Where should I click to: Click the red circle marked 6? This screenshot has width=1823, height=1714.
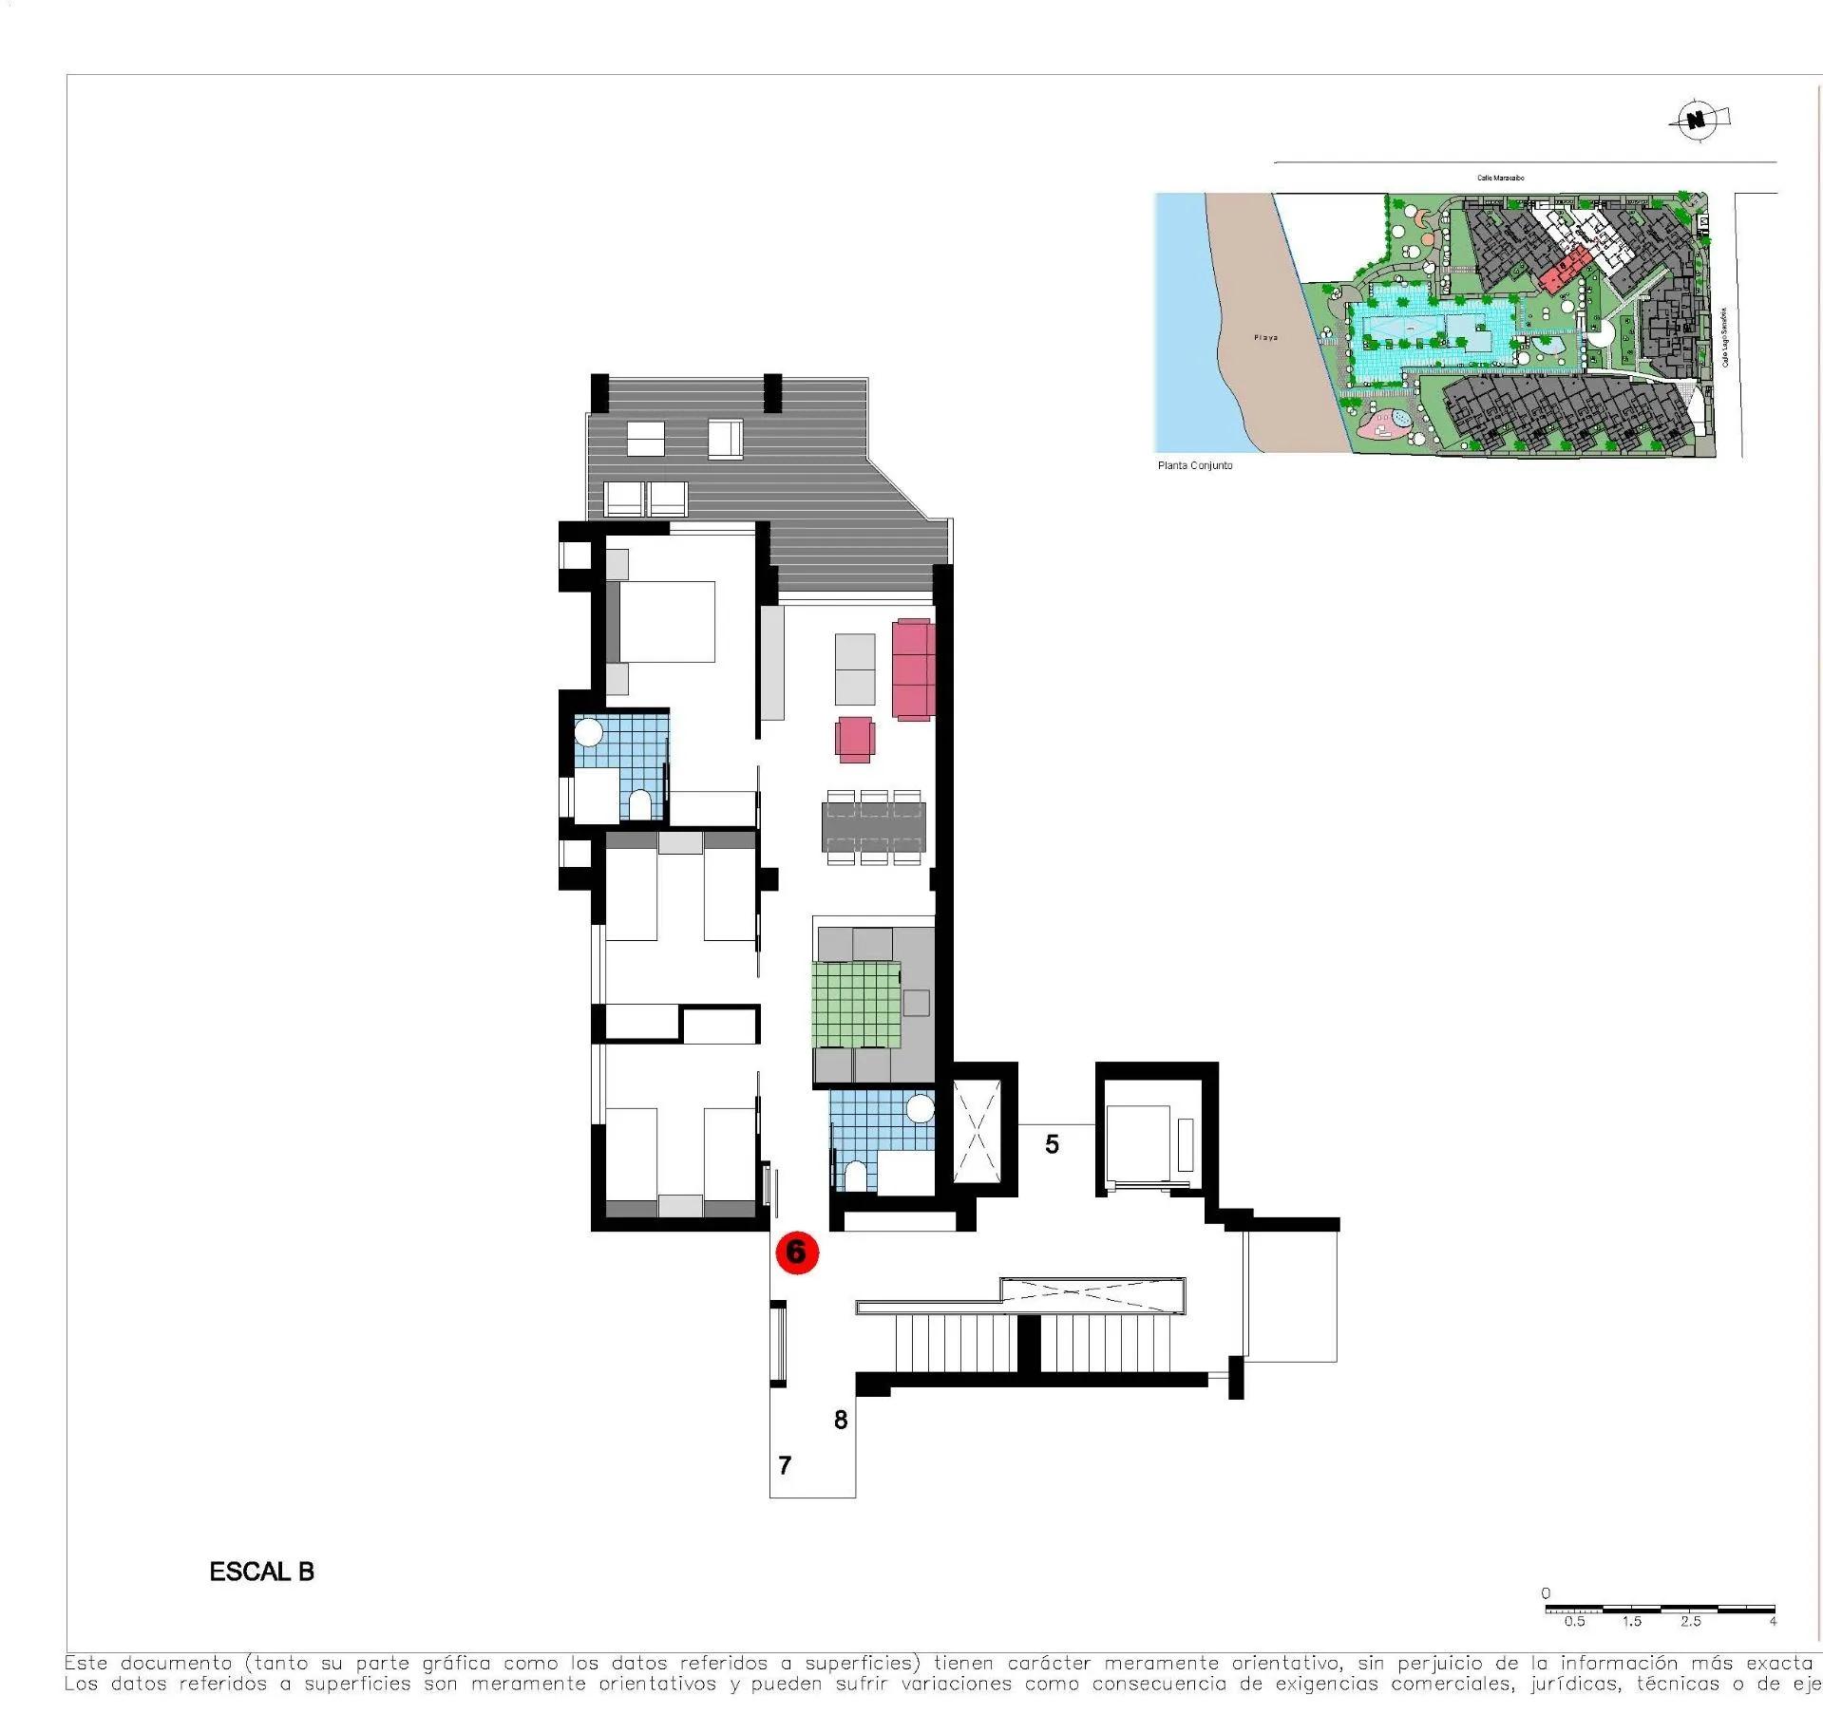[x=796, y=1252]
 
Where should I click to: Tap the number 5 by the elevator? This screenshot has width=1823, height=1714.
[x=1052, y=1144]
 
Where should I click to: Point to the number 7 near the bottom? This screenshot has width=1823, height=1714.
[x=785, y=1465]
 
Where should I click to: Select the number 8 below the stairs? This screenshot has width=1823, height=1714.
[x=840, y=1420]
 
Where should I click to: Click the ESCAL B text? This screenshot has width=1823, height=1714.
[x=261, y=1572]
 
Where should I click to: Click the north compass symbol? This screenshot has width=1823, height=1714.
[x=1696, y=120]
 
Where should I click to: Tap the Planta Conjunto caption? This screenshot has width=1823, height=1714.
[x=1194, y=465]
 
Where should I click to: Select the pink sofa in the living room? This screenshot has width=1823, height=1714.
[x=913, y=669]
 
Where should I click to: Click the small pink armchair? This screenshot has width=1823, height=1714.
[x=855, y=739]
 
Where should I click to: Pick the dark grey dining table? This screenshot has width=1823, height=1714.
[x=873, y=826]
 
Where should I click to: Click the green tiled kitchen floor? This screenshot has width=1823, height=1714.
[x=856, y=1004]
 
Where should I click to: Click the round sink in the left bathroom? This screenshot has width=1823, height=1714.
[x=589, y=732]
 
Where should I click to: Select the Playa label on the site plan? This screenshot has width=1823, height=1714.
[x=1265, y=337]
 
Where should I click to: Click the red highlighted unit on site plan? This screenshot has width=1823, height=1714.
[x=1562, y=271]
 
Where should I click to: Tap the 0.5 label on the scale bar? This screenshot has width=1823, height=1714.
[x=1574, y=1621]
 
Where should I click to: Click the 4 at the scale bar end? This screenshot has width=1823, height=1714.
[x=1773, y=1621]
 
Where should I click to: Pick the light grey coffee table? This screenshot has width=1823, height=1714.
[x=855, y=669]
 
